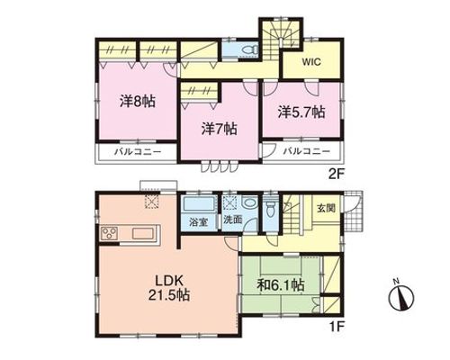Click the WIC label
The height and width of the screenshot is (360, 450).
pos(311,62)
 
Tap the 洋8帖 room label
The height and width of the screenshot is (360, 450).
pos(138,102)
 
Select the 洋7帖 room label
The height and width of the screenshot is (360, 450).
pos(220,129)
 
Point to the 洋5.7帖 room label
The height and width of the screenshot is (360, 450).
pos(301,112)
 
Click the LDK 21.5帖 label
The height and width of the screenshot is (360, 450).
pos(169,288)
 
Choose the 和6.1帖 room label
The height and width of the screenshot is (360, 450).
pos(281,284)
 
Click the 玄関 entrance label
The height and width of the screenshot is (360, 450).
pos(326,208)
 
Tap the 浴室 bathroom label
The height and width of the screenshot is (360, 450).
pos(199,222)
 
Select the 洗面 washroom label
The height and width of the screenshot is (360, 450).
pos(233,220)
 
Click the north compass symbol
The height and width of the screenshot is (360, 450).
pos(401,296)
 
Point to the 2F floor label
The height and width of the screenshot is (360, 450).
pos(337,174)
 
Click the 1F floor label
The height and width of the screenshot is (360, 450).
pos(337,326)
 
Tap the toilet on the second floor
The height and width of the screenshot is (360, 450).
pos(250,49)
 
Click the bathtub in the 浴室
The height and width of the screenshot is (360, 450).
pos(199,204)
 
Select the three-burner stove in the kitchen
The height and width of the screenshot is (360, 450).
pos(110,233)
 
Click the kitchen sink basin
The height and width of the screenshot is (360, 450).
pos(143,233)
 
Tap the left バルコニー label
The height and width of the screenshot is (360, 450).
pos(139,152)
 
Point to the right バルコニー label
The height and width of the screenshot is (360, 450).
pos(307,151)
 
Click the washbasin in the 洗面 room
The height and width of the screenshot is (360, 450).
pos(249,203)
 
